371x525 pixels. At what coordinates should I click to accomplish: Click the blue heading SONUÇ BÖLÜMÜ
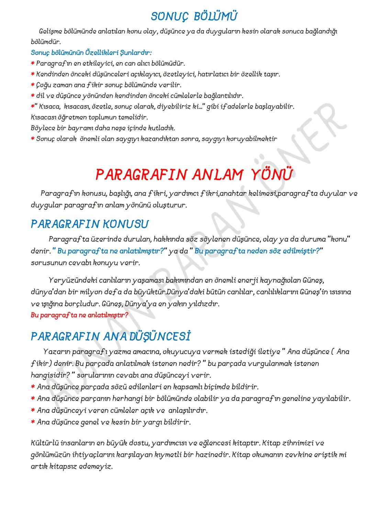(x=194, y=16)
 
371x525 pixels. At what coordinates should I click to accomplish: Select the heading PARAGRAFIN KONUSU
(x=90, y=224)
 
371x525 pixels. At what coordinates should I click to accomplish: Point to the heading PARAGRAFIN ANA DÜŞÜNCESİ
(x=111, y=336)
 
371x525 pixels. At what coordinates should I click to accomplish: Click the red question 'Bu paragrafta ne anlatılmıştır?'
(x=79, y=315)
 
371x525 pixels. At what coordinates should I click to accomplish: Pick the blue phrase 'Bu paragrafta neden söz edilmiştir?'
(x=257, y=251)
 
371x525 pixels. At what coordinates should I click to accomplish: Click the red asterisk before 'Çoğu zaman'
(x=33, y=85)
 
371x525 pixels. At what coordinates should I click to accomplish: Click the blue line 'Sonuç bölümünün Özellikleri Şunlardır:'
(x=91, y=53)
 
